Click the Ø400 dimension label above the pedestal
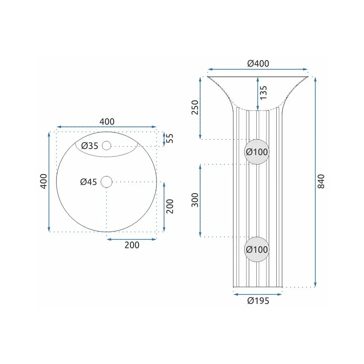point(258,63)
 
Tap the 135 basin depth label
point(264,93)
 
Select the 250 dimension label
point(195,107)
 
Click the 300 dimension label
point(195,200)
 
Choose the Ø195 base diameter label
point(258,301)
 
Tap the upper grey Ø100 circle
point(257,152)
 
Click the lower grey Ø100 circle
point(257,250)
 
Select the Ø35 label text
point(90,146)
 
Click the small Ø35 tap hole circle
point(107,146)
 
